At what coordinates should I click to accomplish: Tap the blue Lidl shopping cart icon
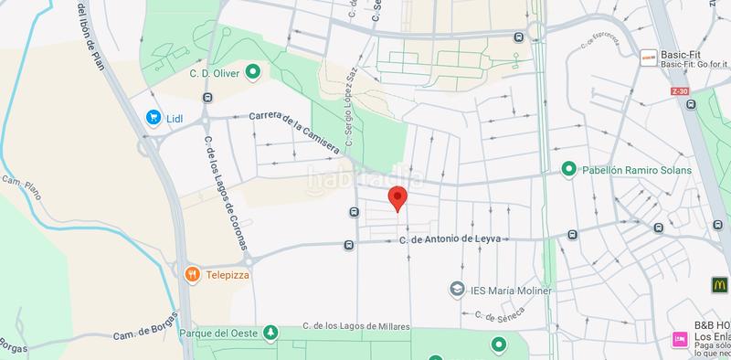click(x=154, y=117)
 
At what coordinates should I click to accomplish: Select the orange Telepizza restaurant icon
click(x=192, y=273)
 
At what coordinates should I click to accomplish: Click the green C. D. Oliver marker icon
click(x=254, y=73)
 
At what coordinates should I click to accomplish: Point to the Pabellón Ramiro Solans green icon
click(x=567, y=170)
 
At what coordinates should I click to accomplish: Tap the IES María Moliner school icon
click(x=456, y=290)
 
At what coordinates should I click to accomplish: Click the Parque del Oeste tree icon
click(x=270, y=333)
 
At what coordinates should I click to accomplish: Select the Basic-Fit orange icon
click(x=648, y=54)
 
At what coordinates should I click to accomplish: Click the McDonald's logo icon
click(x=719, y=285)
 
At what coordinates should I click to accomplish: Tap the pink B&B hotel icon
click(x=680, y=338)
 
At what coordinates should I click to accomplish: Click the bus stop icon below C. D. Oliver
click(x=208, y=98)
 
